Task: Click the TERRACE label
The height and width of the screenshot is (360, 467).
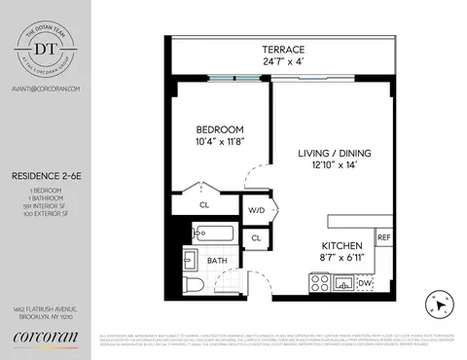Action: [283, 50]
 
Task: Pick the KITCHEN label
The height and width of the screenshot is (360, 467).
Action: [342, 245]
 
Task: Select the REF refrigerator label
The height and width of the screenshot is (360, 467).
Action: [383, 237]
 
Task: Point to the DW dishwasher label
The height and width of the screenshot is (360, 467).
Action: [365, 283]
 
